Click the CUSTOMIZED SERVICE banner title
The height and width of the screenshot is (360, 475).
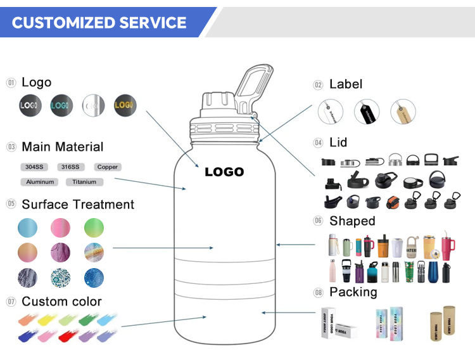[99, 23]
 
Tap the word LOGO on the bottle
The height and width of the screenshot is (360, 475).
[224, 172]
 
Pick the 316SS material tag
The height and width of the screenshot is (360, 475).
[70, 167]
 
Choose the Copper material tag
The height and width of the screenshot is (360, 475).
[107, 167]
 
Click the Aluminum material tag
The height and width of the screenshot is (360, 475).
[41, 182]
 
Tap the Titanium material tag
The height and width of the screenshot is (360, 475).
[84, 182]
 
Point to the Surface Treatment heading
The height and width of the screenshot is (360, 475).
[78, 205]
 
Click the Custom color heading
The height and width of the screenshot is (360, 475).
[61, 302]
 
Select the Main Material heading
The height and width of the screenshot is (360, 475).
[62, 147]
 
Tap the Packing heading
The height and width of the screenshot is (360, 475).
[353, 292]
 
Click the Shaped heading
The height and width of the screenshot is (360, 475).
[352, 221]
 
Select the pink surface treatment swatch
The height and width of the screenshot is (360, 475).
[61, 228]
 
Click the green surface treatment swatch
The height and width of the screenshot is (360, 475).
[93, 228]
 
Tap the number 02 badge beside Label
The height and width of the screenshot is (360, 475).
[318, 85]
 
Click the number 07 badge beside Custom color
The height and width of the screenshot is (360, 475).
[11, 302]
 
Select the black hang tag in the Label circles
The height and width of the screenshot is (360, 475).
[367, 112]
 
